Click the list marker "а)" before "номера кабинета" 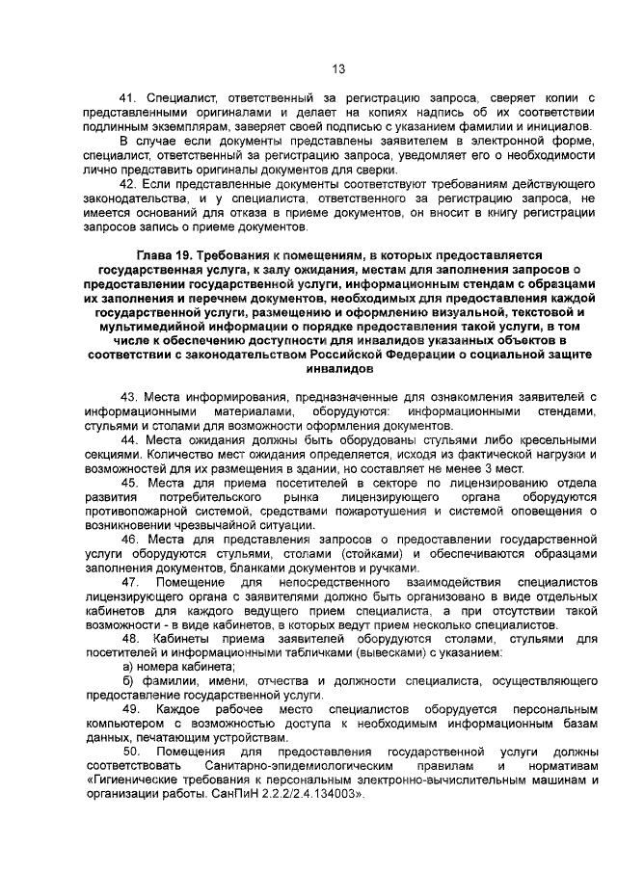(126, 666)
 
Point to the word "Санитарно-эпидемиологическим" (295, 765)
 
